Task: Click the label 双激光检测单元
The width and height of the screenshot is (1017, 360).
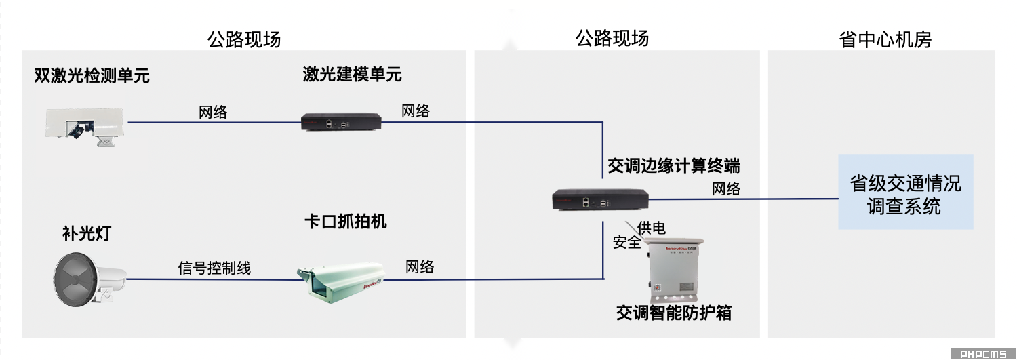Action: click(92, 75)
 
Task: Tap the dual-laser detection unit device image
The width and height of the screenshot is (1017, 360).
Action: click(85, 127)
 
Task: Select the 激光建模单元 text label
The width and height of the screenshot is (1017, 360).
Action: click(353, 75)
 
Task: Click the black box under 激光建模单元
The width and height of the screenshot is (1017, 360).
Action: click(341, 122)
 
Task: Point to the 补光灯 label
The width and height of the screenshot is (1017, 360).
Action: click(87, 233)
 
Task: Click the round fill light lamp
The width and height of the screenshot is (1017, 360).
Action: click(90, 279)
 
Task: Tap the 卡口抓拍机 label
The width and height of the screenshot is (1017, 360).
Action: click(346, 222)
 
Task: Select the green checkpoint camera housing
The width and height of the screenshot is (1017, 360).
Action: click(341, 282)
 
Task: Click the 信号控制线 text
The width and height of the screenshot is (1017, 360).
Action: click(214, 268)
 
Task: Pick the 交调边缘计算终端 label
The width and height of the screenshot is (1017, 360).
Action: click(674, 165)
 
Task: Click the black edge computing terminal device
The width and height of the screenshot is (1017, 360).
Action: click(600, 199)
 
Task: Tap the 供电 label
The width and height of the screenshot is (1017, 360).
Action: click(652, 227)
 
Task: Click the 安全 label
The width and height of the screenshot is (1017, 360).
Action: click(626, 243)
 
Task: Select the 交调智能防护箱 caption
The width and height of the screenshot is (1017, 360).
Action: click(674, 313)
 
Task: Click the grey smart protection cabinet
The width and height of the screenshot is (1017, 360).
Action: click(674, 269)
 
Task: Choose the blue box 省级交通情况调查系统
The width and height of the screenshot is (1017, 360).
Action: click(905, 192)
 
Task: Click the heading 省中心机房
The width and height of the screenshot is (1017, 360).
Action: click(885, 39)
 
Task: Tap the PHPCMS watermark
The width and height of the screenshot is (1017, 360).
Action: click(983, 354)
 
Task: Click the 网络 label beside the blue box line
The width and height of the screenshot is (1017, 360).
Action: click(726, 188)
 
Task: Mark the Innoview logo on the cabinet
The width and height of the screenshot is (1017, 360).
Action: click(680, 248)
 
